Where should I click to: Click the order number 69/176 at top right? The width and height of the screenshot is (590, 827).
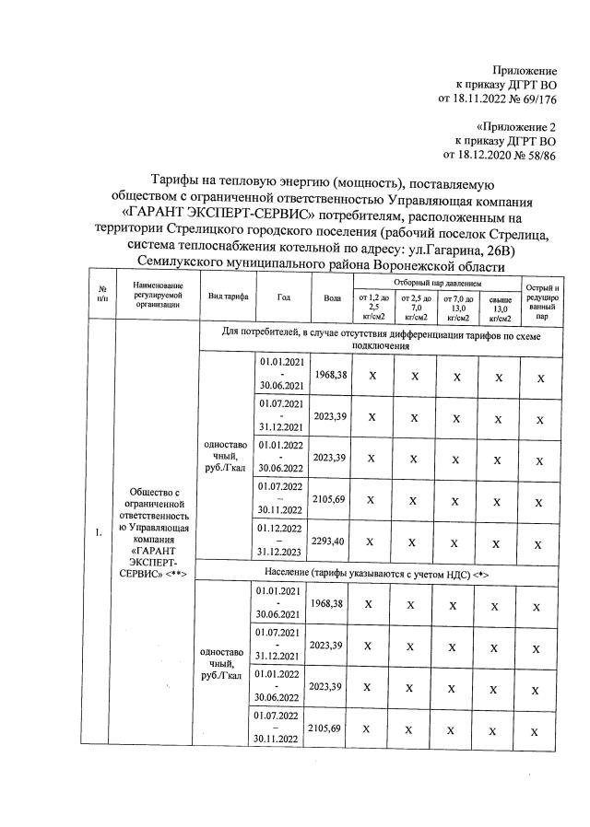[538, 99]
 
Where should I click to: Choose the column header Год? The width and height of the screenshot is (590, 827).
[282, 297]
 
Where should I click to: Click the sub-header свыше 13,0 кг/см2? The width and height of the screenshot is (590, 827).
[501, 307]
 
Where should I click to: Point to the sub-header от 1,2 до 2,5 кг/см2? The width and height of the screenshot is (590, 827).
[372, 307]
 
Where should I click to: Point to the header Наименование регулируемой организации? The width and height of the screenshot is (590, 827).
[157, 297]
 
